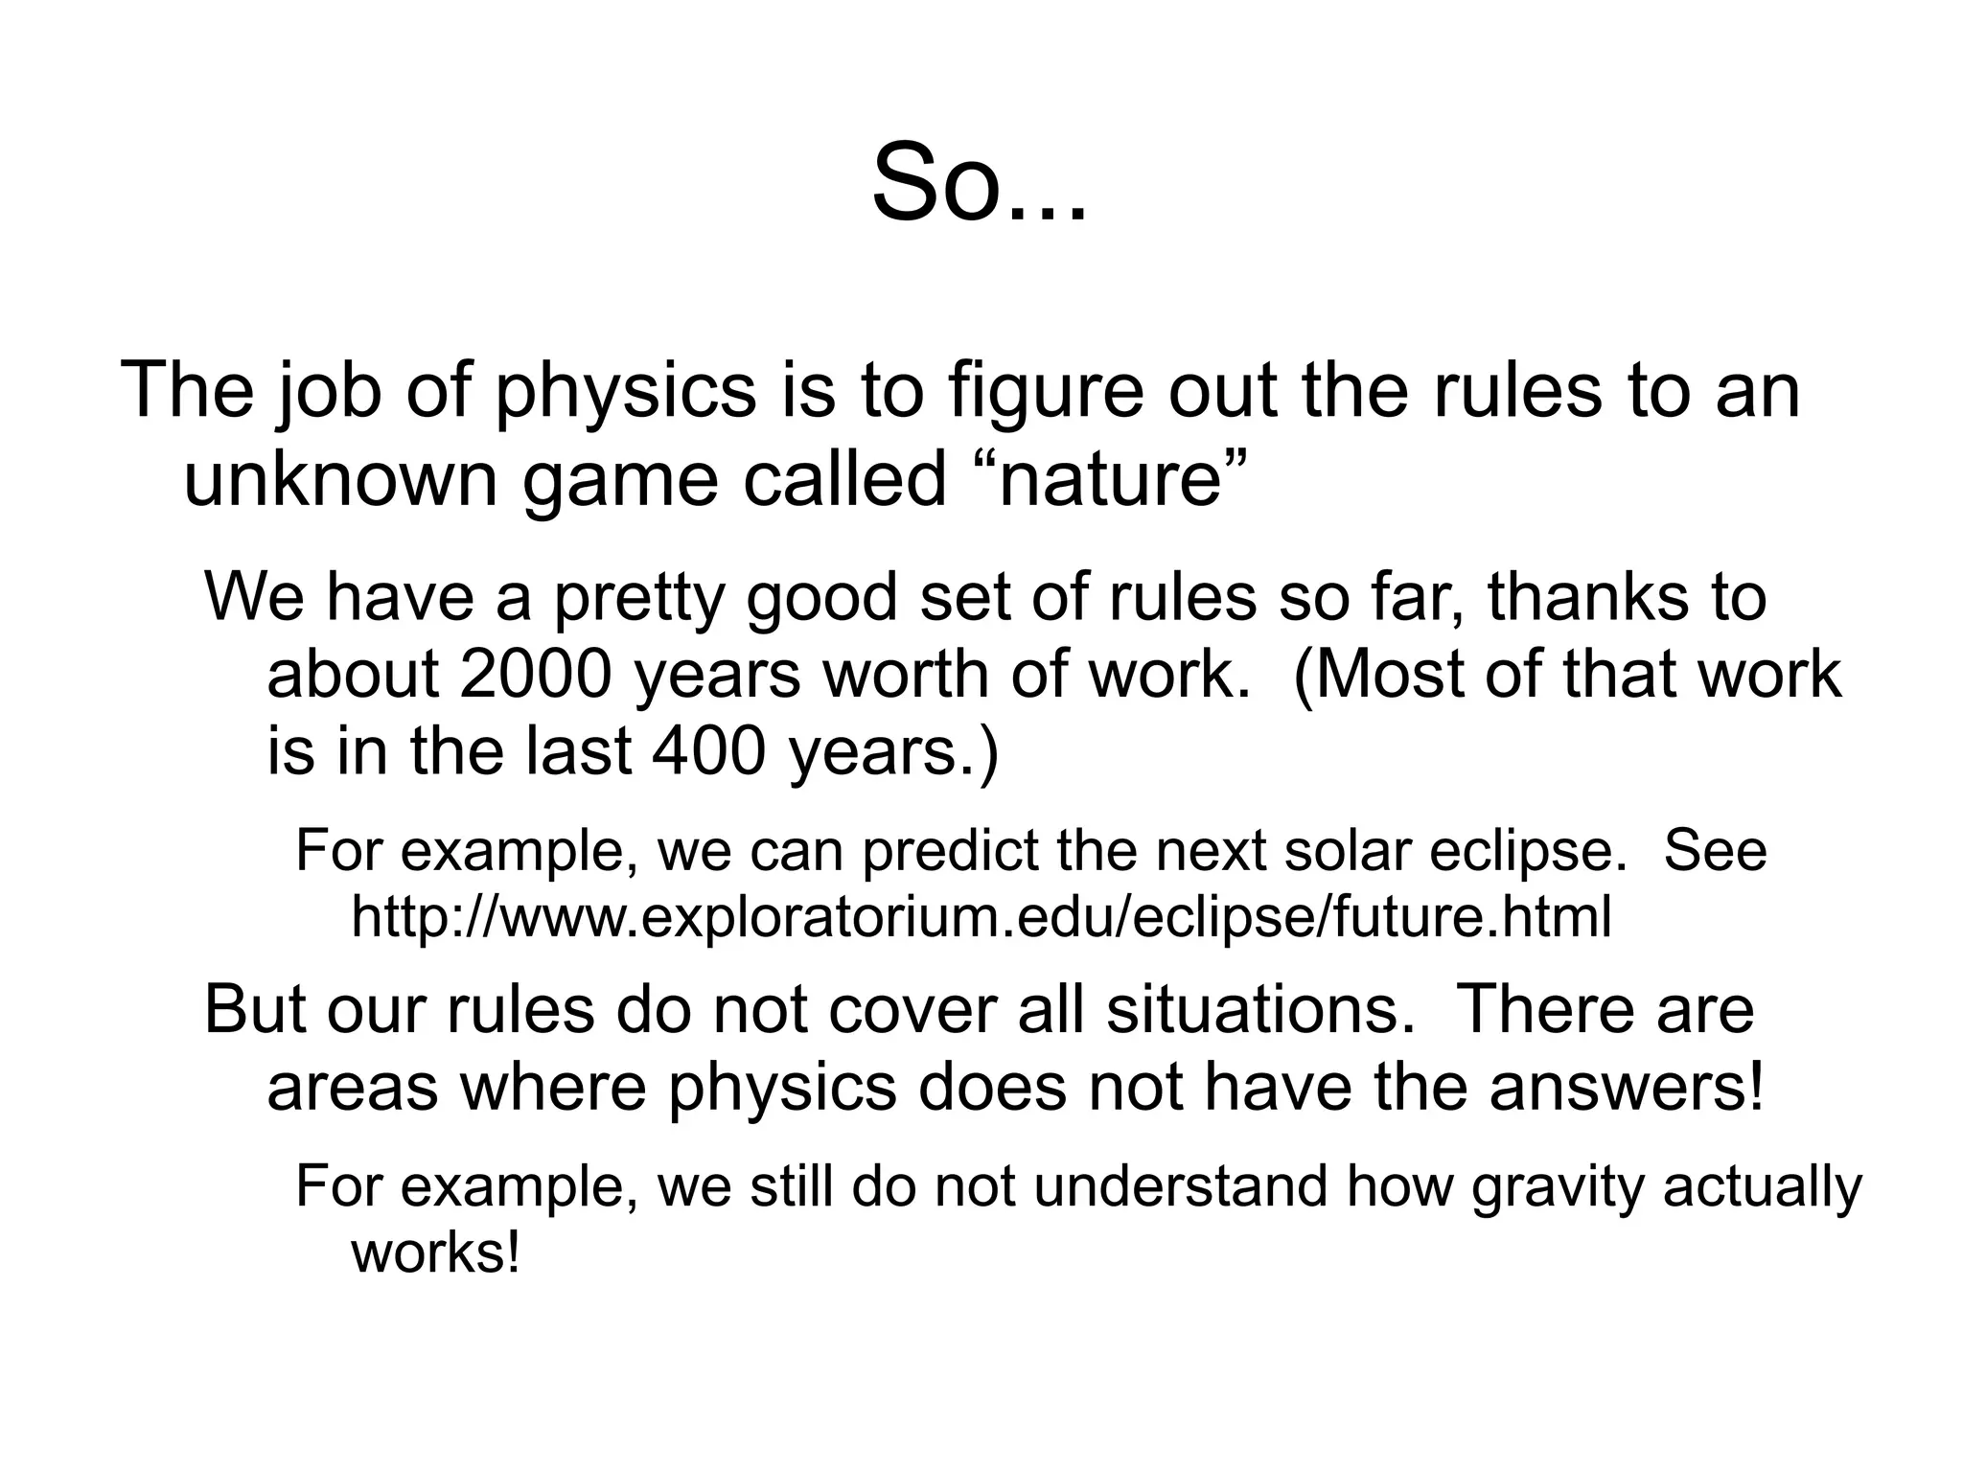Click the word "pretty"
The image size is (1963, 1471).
coord(637,598)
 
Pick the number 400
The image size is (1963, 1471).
coord(708,750)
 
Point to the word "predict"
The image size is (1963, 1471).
coord(950,851)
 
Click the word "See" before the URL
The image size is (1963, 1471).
coord(1716,849)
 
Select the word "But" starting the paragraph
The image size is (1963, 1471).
coord(256,1010)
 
